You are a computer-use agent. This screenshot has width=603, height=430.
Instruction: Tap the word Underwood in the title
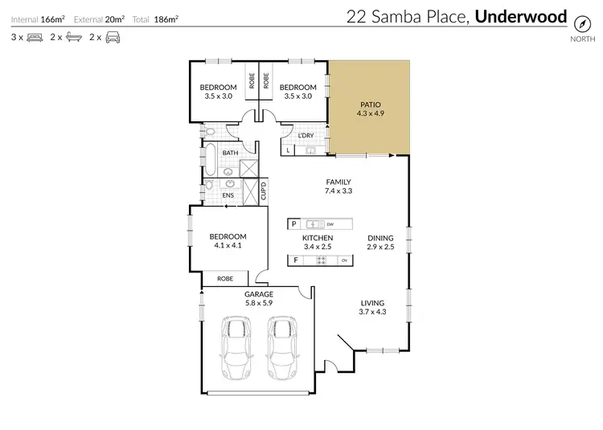[522, 16]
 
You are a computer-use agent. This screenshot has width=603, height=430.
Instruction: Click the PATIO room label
[370, 104]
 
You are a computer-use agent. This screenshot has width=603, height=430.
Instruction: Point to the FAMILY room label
[338, 182]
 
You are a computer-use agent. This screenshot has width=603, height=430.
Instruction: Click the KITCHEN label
[318, 239]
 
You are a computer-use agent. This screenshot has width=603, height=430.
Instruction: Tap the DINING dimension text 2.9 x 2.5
[381, 248]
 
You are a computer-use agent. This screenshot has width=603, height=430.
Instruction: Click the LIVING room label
[373, 302]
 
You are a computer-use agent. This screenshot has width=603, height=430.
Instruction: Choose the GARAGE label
[259, 294]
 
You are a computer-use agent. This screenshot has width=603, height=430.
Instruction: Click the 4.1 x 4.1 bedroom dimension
[228, 246]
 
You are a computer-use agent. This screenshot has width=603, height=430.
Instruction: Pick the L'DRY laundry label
[306, 135]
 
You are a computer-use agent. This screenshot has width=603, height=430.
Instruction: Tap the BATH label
[231, 153]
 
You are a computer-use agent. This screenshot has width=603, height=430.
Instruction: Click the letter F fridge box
[295, 260]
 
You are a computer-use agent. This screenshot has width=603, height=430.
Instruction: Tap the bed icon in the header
[35, 37]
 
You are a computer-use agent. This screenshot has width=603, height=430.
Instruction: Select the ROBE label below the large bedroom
[225, 278]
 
